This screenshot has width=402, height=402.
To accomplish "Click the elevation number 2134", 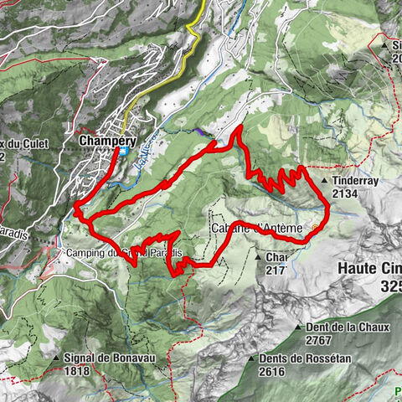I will coord(346,193).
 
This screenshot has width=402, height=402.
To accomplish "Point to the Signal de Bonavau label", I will coord(109,356).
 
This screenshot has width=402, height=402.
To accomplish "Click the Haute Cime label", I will coord(369,270).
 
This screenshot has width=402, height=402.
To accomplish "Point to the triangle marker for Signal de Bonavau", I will coord(55,356).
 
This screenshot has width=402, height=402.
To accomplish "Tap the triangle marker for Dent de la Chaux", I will coord(298,326).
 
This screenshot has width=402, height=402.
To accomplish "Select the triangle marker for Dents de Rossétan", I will coord(251,358).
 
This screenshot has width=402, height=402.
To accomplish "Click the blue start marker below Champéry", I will coord(123,152).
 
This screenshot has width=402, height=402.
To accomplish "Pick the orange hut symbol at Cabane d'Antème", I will coord(315,227).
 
